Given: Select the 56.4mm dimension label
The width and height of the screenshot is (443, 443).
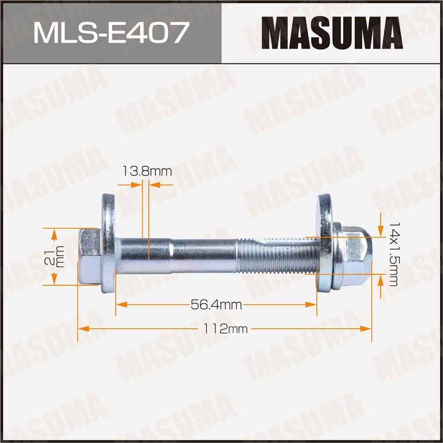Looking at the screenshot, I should [x=216, y=305].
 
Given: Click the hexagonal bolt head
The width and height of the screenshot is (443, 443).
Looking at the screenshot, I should [x=89, y=256].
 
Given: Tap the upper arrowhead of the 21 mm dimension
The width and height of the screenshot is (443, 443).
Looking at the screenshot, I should [x=54, y=233].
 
